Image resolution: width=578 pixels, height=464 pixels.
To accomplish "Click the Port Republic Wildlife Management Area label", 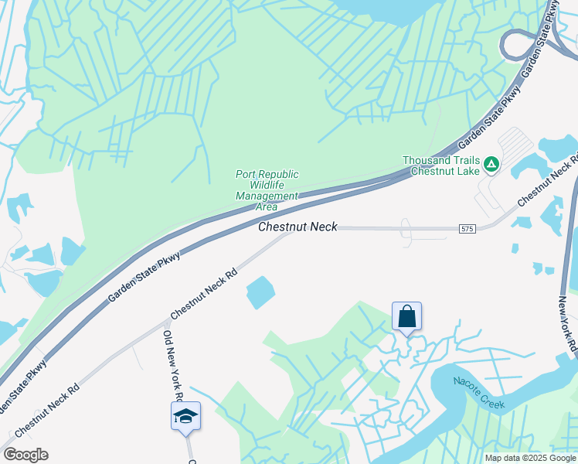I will pyautogui.click(x=267, y=190).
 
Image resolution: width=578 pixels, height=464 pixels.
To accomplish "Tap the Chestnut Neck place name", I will pyautogui.click(x=297, y=227).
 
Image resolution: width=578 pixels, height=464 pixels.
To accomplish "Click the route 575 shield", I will pyautogui.click(x=466, y=229).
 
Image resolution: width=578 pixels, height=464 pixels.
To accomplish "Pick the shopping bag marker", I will pyautogui.click(x=406, y=316).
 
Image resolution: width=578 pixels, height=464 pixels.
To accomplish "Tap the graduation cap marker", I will pyautogui.click(x=185, y=416).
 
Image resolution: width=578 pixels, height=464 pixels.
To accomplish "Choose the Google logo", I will pyautogui.click(x=25, y=455).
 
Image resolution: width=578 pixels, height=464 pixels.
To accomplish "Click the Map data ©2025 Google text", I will pyautogui.click(x=529, y=458).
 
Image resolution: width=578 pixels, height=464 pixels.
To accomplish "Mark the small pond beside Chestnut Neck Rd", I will pyautogui.click(x=260, y=292).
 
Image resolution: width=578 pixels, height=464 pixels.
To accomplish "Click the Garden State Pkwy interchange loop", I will pyautogui.click(x=517, y=45).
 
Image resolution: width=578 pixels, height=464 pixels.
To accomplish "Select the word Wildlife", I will pyautogui.click(x=267, y=186).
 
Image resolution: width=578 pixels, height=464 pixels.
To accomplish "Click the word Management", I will pyautogui.click(x=267, y=196).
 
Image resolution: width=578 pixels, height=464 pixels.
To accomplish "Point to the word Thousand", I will pyautogui.click(x=427, y=161).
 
